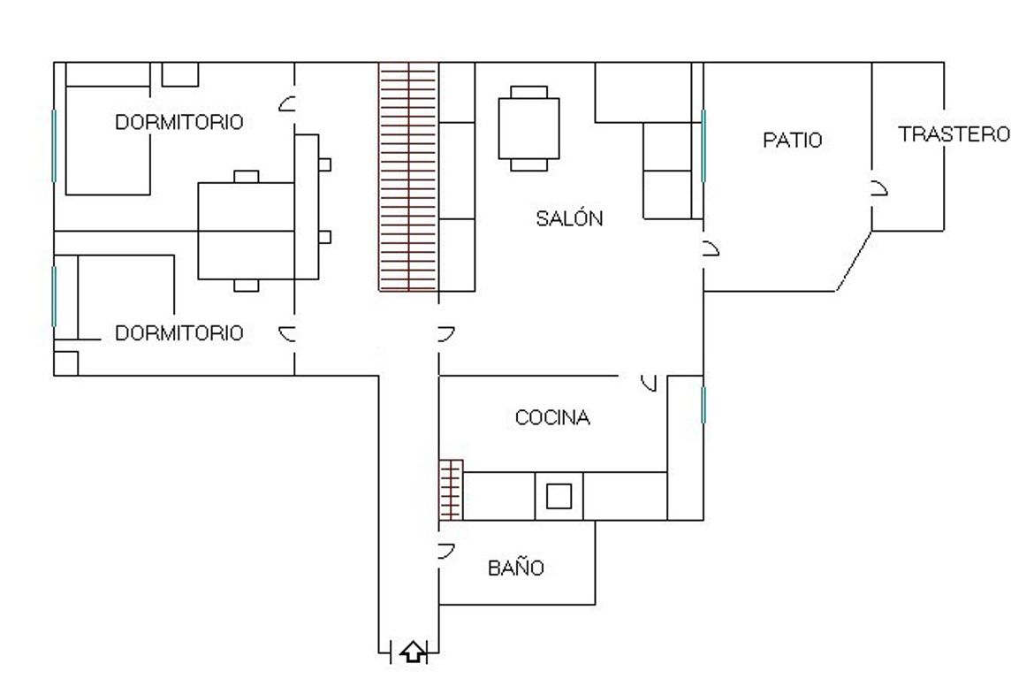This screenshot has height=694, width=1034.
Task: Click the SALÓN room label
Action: click(x=569, y=217)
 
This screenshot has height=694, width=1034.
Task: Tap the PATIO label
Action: click(x=792, y=140)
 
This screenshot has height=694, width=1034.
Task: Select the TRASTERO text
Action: click(x=954, y=133)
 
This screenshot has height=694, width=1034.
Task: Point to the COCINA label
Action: click(x=552, y=417)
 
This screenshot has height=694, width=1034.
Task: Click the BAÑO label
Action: click(x=516, y=567)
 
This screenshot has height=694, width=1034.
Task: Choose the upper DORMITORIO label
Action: click(x=179, y=122)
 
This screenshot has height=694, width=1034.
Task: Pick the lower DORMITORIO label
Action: click(x=179, y=333)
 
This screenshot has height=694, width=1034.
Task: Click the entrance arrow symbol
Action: click(x=414, y=652)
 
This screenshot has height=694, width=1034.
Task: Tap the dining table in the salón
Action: click(x=528, y=128)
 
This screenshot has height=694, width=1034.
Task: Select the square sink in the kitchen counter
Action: click(x=559, y=496)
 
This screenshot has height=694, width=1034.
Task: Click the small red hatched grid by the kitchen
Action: click(x=451, y=490)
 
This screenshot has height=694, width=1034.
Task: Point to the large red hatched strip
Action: click(x=409, y=177)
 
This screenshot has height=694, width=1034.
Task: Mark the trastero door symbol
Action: click(x=879, y=188)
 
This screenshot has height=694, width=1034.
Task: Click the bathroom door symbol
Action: click(x=447, y=551)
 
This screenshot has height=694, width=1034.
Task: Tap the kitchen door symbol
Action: click(x=650, y=383)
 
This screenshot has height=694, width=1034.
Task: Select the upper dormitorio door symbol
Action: click(x=287, y=103)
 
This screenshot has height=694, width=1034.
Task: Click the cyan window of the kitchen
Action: click(x=703, y=405)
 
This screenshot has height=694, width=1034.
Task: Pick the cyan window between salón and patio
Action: click(x=703, y=146)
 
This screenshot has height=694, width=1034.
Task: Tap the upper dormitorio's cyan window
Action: click(x=54, y=146)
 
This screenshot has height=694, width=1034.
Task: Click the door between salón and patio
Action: click(x=711, y=248)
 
